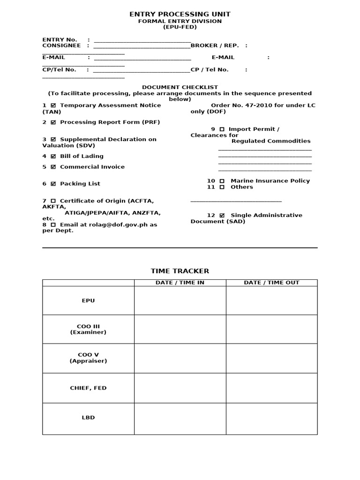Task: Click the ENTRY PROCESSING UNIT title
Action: [180, 15]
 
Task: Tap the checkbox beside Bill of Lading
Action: [53, 156]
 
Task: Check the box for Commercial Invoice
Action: [53, 167]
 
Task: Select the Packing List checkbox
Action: [53, 184]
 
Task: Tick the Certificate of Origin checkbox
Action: [53, 201]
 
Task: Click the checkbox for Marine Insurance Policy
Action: [222, 181]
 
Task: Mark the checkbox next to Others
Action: [222, 187]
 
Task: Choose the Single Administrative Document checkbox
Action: [222, 216]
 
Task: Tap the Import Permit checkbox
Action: [222, 129]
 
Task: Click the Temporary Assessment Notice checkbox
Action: [53, 105]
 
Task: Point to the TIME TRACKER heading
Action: [180, 271]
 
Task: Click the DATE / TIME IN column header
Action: [180, 283]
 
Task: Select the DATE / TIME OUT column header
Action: [271, 283]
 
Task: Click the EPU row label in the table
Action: [88, 300]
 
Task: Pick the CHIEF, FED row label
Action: [88, 388]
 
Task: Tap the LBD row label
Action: [88, 418]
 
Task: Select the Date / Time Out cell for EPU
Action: [271, 300]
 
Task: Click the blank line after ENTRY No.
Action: [142, 40]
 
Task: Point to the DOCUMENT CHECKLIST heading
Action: [180, 87]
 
